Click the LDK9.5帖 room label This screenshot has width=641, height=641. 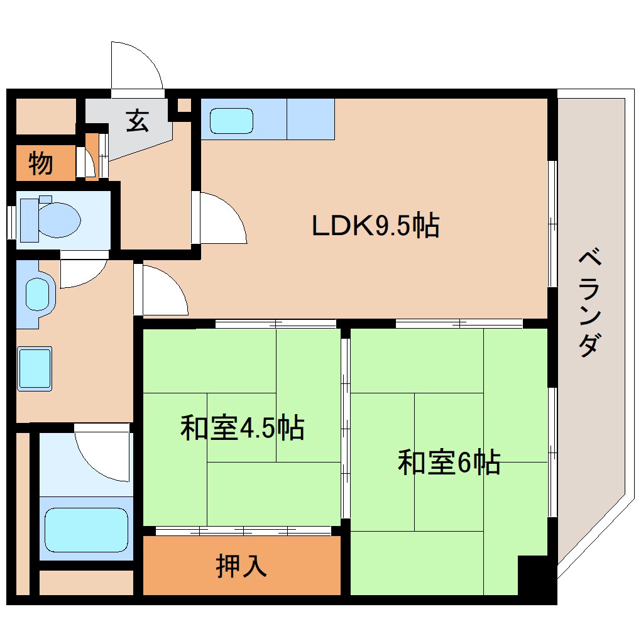(x=375, y=226)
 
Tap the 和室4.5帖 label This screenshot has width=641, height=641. (x=242, y=428)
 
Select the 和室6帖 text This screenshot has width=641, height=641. (x=449, y=463)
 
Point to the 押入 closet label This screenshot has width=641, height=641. (x=241, y=566)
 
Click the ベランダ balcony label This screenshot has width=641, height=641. (x=589, y=302)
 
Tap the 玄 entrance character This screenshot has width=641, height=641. (x=137, y=121)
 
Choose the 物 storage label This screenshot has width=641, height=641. (x=41, y=164)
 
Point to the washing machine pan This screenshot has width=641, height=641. (x=35, y=368)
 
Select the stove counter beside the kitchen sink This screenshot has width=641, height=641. (x=310, y=119)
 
